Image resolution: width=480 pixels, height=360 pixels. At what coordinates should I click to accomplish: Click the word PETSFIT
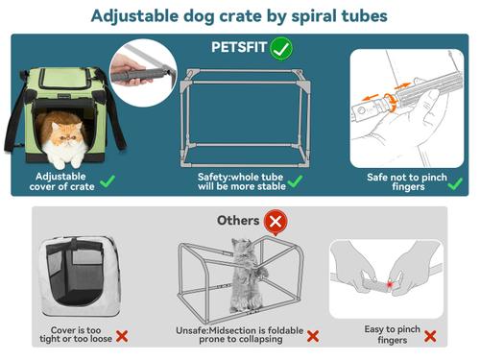point(240,46)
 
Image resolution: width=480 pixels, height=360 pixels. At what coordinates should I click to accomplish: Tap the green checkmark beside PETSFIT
point(282,46)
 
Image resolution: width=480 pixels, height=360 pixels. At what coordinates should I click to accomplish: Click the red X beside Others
point(276,222)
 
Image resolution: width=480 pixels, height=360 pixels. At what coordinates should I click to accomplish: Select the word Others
point(238,221)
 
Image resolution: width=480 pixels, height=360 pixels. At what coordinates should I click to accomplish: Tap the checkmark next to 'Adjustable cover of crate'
point(108,180)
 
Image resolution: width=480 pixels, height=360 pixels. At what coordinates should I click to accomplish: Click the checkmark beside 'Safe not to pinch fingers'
point(455,182)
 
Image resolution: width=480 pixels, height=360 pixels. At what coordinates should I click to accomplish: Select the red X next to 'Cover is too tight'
point(122,337)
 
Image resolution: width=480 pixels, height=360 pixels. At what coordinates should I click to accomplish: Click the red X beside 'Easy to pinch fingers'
point(429,337)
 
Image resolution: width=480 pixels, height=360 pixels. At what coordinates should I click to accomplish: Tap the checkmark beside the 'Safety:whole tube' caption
point(296,181)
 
